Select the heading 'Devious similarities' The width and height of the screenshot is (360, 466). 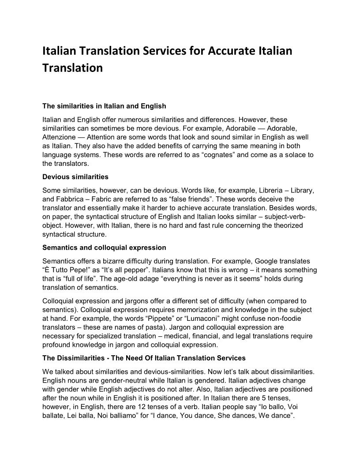[75, 177]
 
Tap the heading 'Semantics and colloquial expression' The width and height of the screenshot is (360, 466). [104, 247]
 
